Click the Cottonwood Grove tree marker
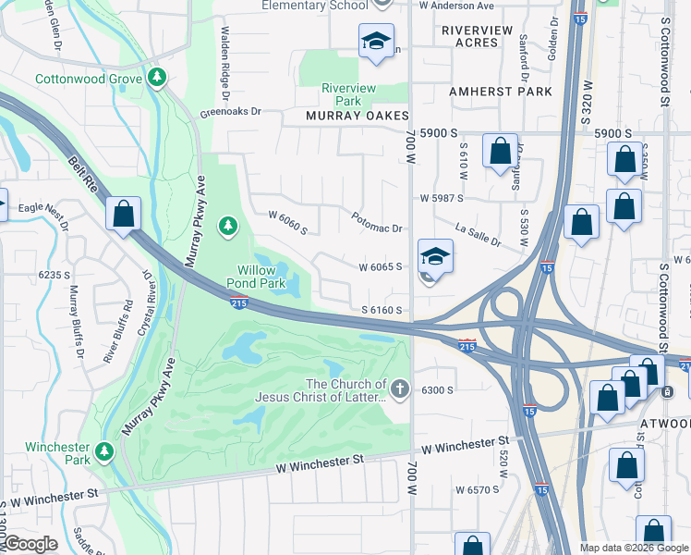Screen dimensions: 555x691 (159, 78)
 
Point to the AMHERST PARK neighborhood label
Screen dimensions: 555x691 (500, 92)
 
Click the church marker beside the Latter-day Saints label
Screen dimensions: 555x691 (399, 389)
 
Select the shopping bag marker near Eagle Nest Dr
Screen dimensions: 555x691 (123, 216)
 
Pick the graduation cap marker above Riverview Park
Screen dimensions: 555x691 (376, 42)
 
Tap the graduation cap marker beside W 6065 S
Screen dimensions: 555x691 (435, 256)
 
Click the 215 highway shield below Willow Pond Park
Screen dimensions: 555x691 (238, 301)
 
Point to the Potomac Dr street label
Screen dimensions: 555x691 (377, 222)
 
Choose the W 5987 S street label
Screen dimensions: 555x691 (441, 198)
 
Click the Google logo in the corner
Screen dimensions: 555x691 (30, 545)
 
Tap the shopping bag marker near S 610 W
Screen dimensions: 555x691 (500, 154)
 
